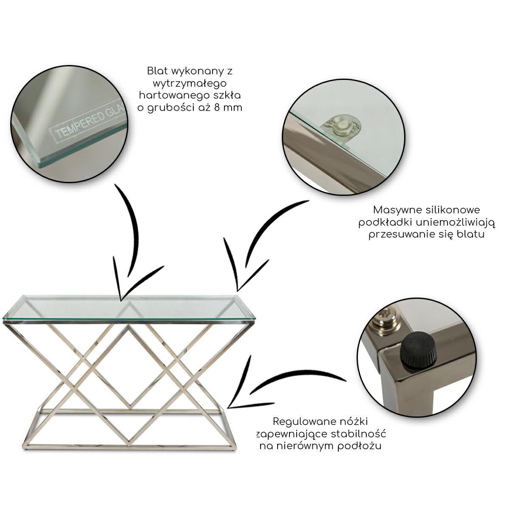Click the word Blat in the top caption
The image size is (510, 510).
pos(158,71)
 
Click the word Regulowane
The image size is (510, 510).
pos(301,421)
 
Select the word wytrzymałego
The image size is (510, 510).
pos(190,84)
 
